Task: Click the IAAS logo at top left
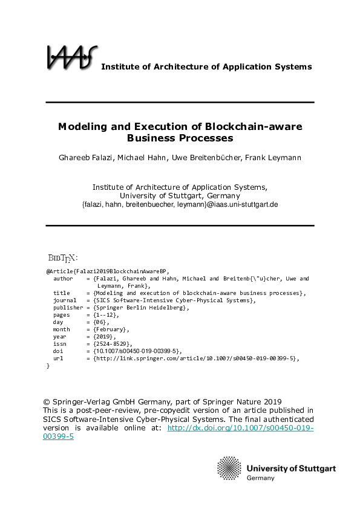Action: click(x=71, y=57)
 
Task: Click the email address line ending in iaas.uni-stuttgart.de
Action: click(x=180, y=204)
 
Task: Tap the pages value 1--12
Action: click(x=107, y=315)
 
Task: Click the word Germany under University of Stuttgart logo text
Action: click(x=260, y=478)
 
